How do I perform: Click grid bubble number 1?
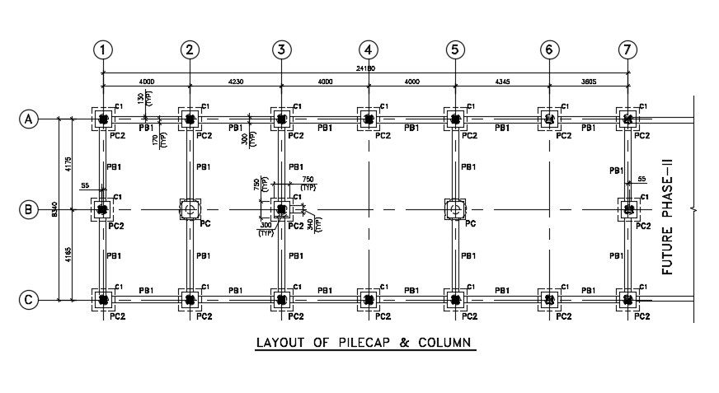point(102,49)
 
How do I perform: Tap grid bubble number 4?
point(368,49)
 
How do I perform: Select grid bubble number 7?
point(628,49)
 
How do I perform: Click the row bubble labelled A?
point(29,119)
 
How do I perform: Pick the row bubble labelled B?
point(29,209)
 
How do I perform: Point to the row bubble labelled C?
point(29,300)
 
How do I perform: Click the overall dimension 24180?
point(364,68)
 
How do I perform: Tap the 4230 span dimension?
point(235,82)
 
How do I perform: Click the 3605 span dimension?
point(589,82)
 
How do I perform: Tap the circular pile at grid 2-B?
point(190,209)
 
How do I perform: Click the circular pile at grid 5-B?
point(454,209)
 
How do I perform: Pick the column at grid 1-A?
point(102,119)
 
